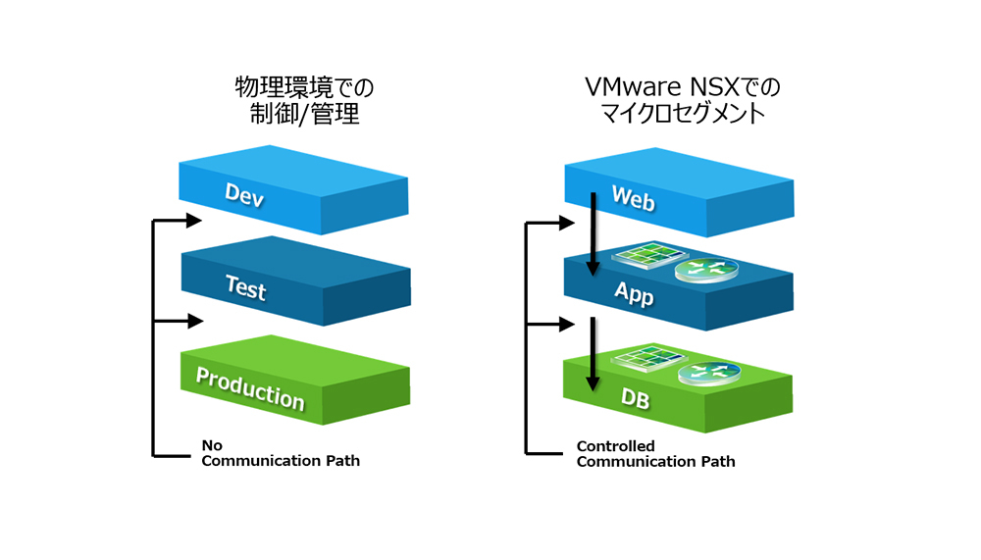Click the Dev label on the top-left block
pyautogui.click(x=244, y=194)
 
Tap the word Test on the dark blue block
pyautogui.click(x=245, y=287)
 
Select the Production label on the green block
pyautogui.click(x=250, y=388)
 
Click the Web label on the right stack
pyautogui.click(x=633, y=196)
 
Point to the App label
pyautogui.click(x=634, y=292)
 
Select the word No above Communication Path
pyautogui.click(x=211, y=444)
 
